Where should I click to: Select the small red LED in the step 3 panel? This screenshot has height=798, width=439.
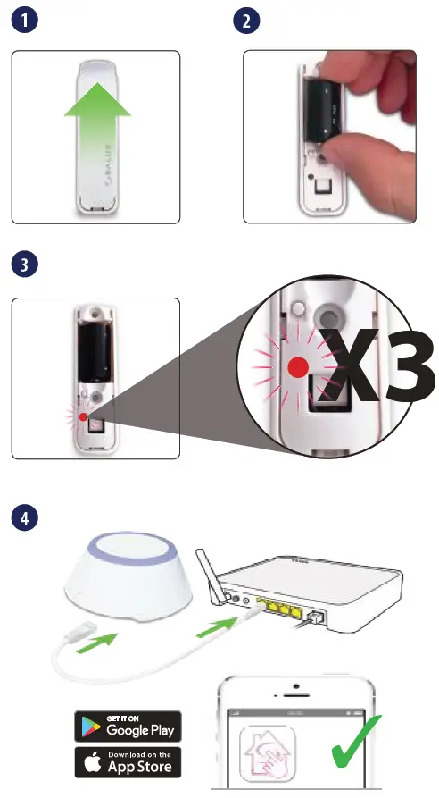tap(81, 416)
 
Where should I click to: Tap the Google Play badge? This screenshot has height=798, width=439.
tap(128, 726)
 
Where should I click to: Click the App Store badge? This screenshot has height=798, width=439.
tap(128, 763)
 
